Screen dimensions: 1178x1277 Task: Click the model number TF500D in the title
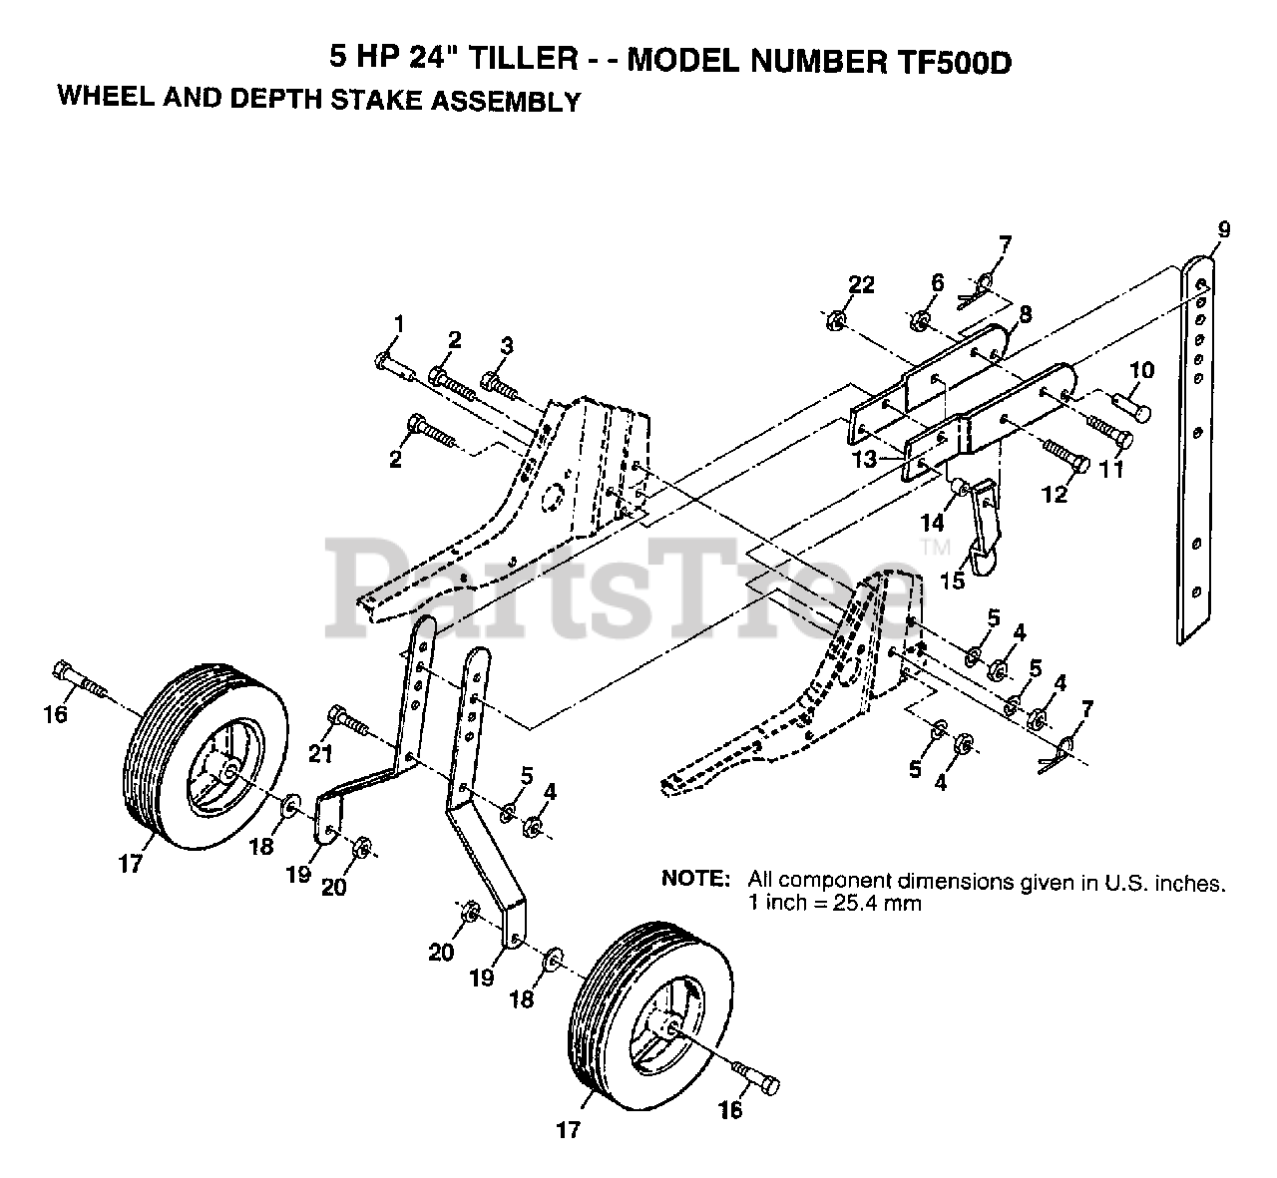tap(948, 62)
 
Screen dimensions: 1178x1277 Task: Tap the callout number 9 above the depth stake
tap(1224, 230)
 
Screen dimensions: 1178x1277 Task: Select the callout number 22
tap(862, 285)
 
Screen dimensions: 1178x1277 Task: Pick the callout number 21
tap(319, 755)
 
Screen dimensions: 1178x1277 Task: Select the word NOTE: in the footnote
tap(696, 881)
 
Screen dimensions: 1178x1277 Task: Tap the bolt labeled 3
tap(498, 383)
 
